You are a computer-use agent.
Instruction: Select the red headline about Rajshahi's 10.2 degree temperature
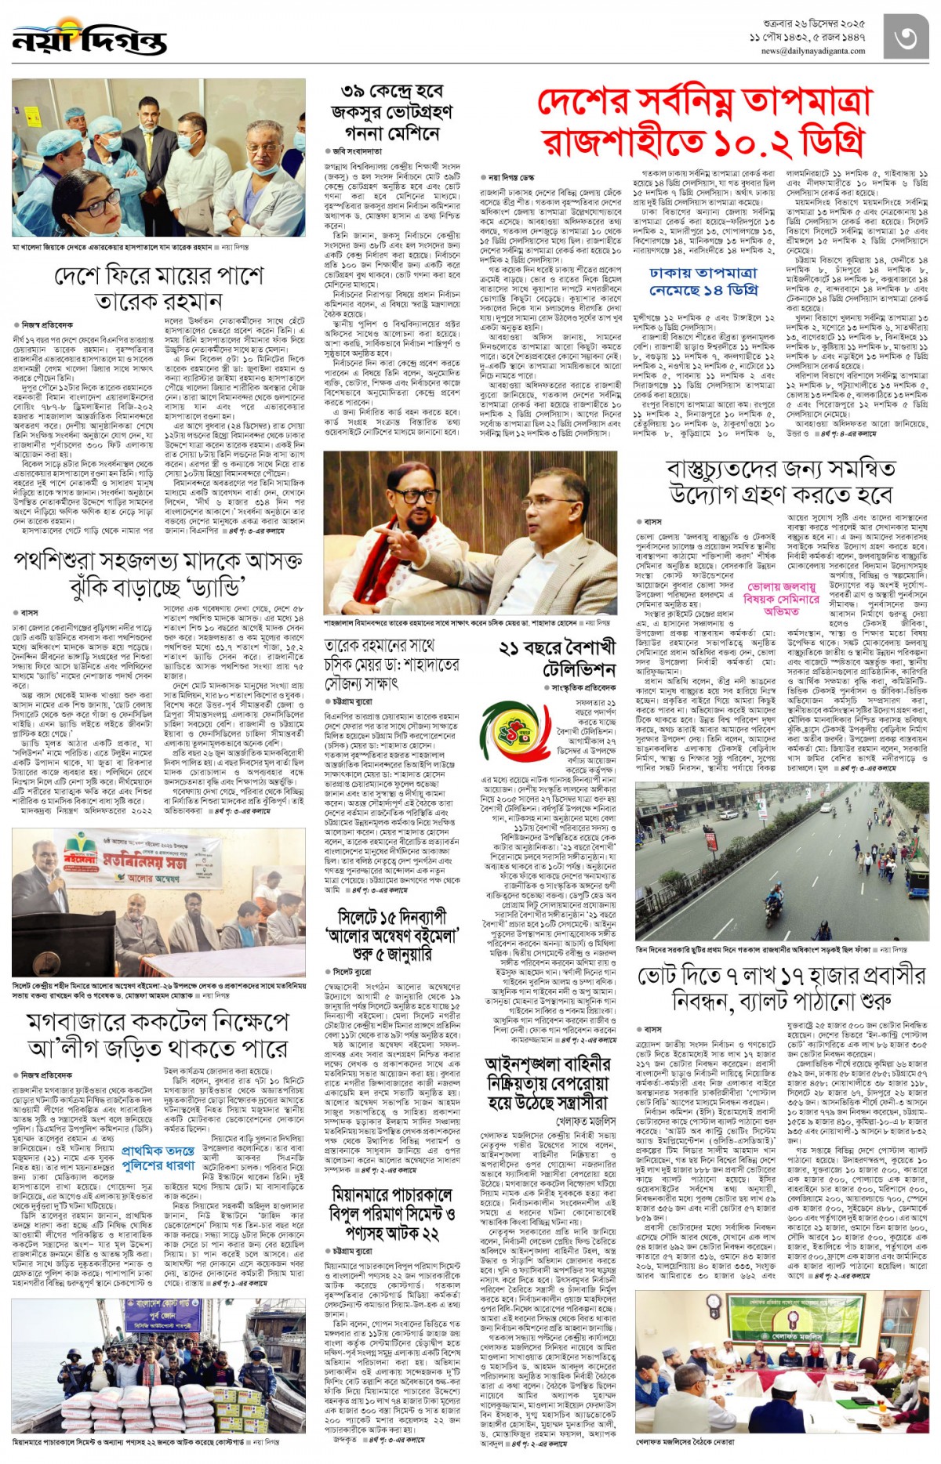pyautogui.click(x=704, y=122)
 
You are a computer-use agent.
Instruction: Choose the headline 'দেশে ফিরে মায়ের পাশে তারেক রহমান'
pyautogui.click(x=158, y=288)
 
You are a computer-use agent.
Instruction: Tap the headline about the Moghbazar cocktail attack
pyautogui.click(x=158, y=1035)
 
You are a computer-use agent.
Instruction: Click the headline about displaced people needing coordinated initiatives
pyautogui.click(x=781, y=481)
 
